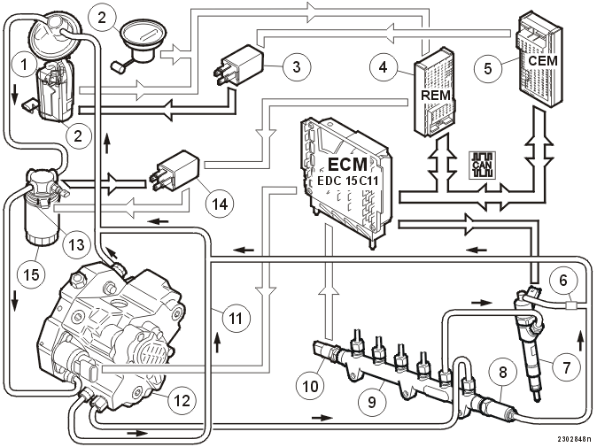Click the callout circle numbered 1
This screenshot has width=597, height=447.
[x=25, y=65]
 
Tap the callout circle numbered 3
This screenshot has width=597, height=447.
[x=297, y=66]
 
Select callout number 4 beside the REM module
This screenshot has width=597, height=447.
[x=384, y=67]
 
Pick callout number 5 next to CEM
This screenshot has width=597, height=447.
[x=488, y=68]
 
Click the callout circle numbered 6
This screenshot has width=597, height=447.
[x=563, y=281]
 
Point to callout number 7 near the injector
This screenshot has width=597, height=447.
[x=567, y=367]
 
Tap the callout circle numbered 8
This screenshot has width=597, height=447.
[x=503, y=372]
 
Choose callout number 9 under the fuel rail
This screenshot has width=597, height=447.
[x=372, y=402]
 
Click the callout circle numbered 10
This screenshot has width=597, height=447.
[x=310, y=386]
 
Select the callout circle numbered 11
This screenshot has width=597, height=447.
[x=236, y=318]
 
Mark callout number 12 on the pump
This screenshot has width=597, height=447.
[x=182, y=400]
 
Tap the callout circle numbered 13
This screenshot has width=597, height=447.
[x=76, y=243]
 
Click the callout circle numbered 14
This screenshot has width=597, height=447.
[x=220, y=204]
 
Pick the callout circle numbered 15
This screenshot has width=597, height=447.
[x=32, y=274]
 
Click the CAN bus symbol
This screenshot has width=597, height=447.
[x=482, y=166]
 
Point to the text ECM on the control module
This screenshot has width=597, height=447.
[x=347, y=165]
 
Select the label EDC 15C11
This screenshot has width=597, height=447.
[x=347, y=181]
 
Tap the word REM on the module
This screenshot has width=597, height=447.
[x=436, y=95]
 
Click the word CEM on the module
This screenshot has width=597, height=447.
[x=543, y=60]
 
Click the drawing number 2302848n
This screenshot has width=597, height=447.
[x=575, y=439]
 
